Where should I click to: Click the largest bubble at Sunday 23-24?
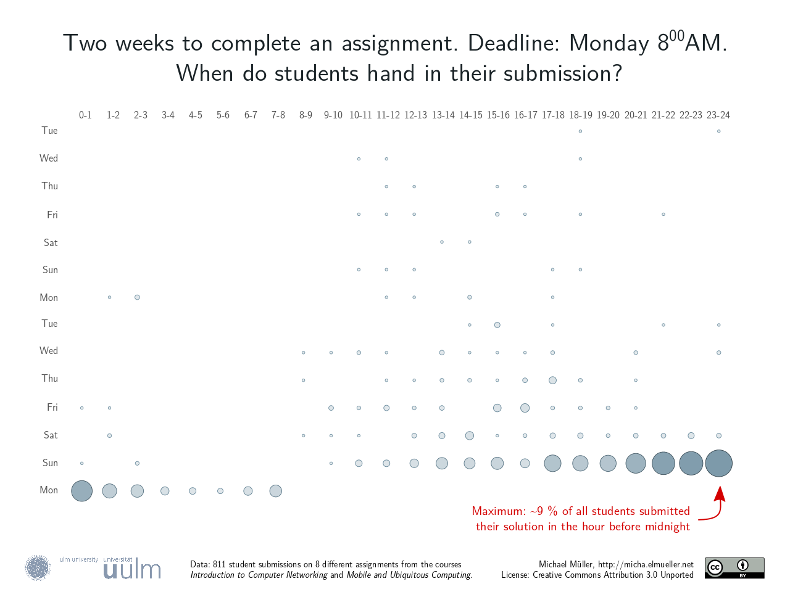(718, 463)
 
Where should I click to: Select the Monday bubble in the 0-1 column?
(81, 491)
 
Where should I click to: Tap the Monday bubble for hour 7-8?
(276, 491)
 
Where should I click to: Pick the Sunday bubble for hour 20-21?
(636, 463)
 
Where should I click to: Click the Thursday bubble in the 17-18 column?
(552, 380)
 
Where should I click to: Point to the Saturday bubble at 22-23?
(691, 435)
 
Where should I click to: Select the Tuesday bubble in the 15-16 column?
(497, 325)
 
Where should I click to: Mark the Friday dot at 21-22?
(663, 215)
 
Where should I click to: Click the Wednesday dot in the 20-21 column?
(636, 353)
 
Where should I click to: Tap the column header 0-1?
(85, 115)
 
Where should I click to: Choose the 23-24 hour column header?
(718, 115)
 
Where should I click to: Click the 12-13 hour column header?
(415, 115)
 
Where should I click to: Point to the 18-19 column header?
(580, 115)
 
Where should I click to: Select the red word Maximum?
(498, 511)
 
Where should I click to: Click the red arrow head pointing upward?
(720, 493)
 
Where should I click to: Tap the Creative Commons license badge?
(734, 568)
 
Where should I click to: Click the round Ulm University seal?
(38, 568)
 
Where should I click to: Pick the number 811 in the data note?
(219, 564)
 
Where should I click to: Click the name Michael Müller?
(565, 564)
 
